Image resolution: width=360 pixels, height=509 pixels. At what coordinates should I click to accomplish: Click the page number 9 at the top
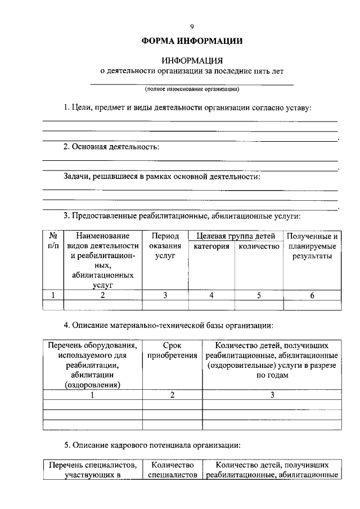pyautogui.click(x=191, y=26)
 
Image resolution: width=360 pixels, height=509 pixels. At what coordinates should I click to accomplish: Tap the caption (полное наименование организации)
pyautogui.click(x=192, y=89)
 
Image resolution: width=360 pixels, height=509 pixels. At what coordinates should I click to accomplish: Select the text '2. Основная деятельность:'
pyautogui.click(x=111, y=147)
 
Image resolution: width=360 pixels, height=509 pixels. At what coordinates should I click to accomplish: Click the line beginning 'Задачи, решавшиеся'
pyautogui.click(x=162, y=177)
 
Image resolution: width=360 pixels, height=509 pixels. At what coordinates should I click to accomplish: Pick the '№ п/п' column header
pyautogui.click(x=53, y=241)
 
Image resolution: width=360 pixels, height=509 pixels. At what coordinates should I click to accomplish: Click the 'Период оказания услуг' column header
pyautogui.click(x=165, y=246)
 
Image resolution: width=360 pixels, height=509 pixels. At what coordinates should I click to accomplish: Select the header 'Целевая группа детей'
pyautogui.click(x=235, y=236)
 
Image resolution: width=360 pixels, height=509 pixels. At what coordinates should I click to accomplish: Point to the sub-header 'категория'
pyautogui.click(x=211, y=246)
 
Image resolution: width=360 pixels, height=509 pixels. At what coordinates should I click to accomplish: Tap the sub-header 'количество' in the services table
pyautogui.click(x=259, y=246)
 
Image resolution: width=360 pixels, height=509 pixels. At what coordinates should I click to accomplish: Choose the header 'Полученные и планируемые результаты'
pyautogui.click(x=312, y=246)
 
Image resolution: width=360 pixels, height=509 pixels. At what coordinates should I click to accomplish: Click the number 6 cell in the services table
pyautogui.click(x=312, y=295)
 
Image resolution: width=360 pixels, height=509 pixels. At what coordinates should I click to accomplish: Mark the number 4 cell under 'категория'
pyautogui.click(x=211, y=295)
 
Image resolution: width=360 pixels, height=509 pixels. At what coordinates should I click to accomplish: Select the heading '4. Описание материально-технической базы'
pyautogui.click(x=169, y=325)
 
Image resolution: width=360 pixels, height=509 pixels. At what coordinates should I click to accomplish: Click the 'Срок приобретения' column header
pyautogui.click(x=172, y=350)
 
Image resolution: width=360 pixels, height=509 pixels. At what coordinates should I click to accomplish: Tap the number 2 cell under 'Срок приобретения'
pyautogui.click(x=172, y=395)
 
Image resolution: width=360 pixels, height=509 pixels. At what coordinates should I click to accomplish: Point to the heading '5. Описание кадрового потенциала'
pyautogui.click(x=152, y=445)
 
